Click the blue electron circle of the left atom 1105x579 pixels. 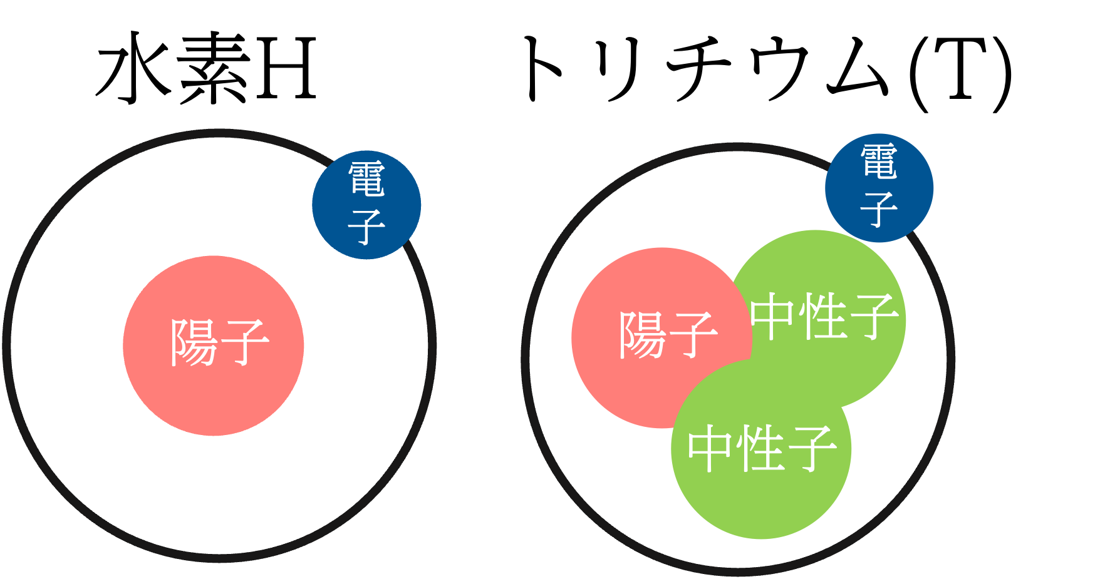pyautogui.click(x=366, y=205)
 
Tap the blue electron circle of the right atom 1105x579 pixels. pyautogui.click(x=879, y=188)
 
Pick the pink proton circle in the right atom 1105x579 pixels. pyautogui.click(x=626, y=388)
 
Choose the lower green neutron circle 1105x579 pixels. pyautogui.click(x=761, y=501)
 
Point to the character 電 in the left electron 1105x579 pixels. pyautogui.click(x=366, y=179)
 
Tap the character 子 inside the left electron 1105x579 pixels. pyautogui.click(x=366, y=227)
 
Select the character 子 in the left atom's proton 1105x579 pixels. pyautogui.click(x=244, y=342)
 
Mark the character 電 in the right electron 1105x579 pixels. pyautogui.click(x=879, y=161)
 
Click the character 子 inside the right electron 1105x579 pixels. pyautogui.click(x=879, y=210)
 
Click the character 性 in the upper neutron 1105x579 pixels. pyautogui.click(x=823, y=317)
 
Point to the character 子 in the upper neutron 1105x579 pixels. pyautogui.click(x=874, y=317)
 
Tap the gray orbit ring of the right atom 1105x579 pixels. pyautogui.click(x=526, y=360)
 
